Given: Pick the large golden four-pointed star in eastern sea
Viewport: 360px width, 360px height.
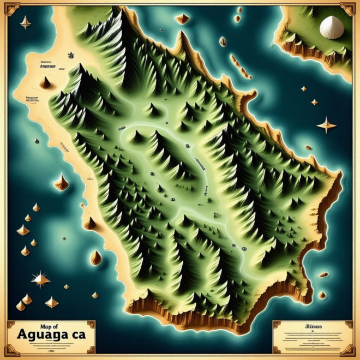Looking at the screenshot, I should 326,125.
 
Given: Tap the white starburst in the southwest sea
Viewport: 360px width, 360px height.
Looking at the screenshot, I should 40,280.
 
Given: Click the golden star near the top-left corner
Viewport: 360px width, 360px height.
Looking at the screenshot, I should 25,22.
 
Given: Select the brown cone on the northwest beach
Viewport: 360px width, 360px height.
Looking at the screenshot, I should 45,83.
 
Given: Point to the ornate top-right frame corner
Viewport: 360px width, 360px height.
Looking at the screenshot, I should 347,9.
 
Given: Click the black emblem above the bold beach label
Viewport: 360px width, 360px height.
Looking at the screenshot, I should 71,56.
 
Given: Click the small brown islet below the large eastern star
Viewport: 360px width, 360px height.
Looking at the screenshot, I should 309,147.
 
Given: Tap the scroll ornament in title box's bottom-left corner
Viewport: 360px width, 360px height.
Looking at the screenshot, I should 11,350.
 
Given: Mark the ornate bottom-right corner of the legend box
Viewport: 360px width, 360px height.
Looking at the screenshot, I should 349,350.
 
